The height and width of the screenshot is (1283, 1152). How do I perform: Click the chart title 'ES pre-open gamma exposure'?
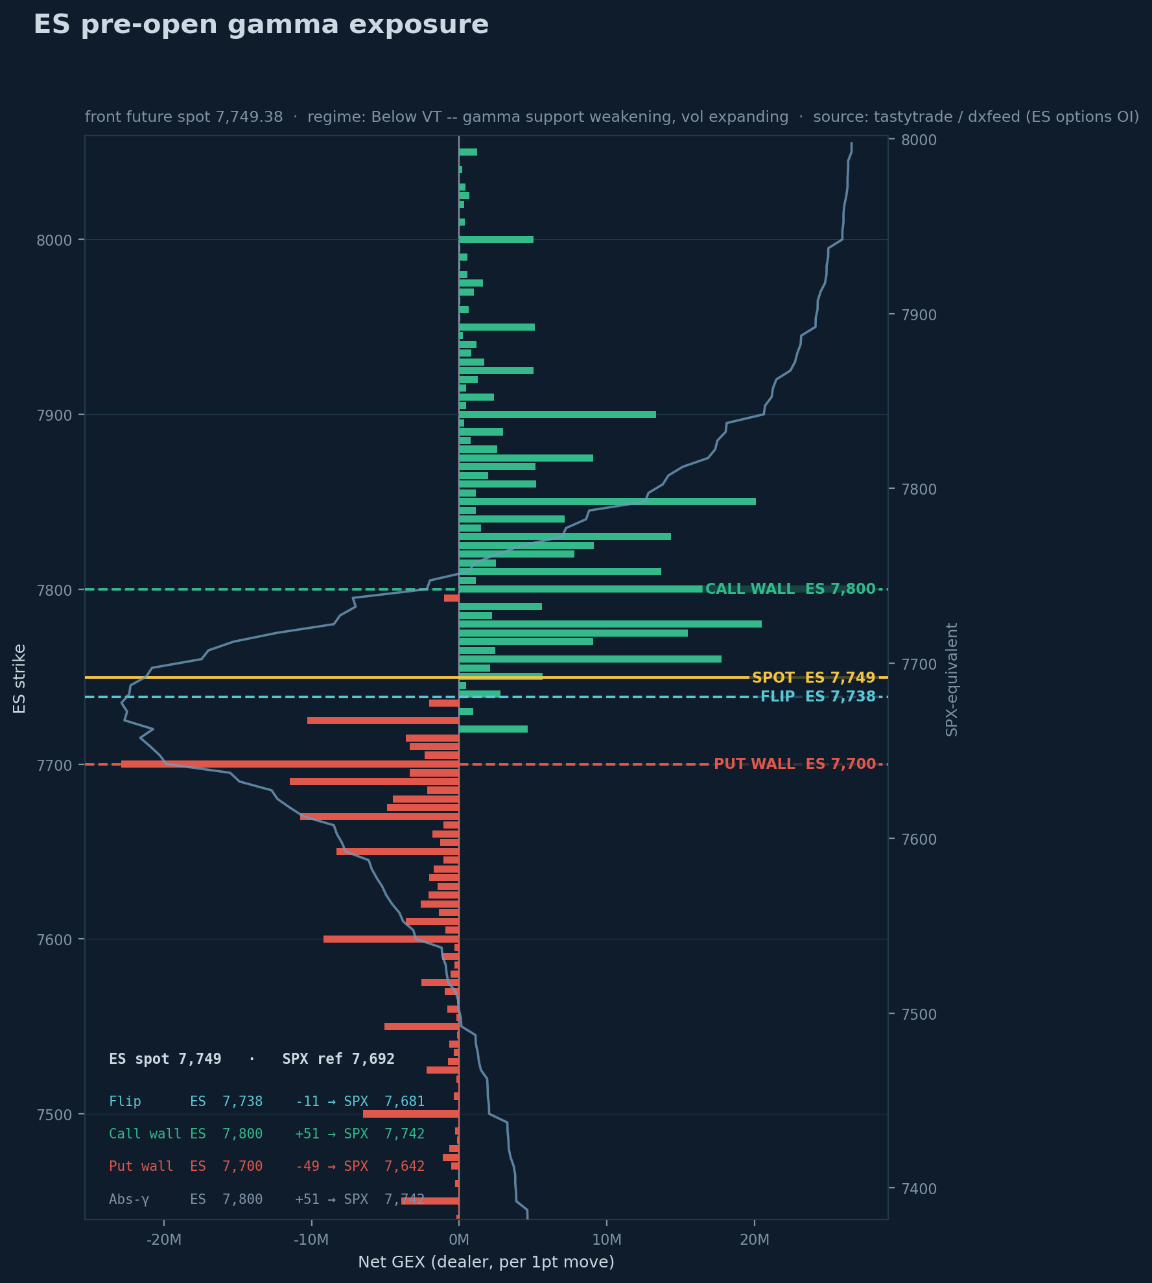point(261,25)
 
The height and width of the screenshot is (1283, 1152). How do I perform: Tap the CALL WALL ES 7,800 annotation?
point(790,589)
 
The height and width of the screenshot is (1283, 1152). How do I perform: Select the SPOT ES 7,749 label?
point(814,677)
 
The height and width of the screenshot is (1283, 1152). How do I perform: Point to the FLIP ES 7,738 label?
point(818,697)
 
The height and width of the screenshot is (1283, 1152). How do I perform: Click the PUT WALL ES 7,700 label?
point(795,764)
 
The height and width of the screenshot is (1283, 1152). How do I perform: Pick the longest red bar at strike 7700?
point(290,764)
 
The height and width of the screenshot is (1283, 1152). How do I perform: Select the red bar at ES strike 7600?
point(391,939)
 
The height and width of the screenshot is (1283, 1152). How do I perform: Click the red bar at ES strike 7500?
point(411,1114)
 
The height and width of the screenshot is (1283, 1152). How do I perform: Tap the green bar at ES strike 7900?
point(558,414)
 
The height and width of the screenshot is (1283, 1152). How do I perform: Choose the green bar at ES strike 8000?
point(496,240)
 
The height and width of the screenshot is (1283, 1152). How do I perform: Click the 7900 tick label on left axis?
point(54,415)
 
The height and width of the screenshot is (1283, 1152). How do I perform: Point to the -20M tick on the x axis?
point(163,1240)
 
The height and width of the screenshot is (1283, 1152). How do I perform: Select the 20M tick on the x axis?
point(755,1240)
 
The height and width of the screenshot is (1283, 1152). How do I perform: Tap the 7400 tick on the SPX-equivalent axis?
point(919,1189)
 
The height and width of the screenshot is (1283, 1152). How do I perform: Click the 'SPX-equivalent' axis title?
point(952,679)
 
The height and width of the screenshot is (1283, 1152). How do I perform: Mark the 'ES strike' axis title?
point(19,679)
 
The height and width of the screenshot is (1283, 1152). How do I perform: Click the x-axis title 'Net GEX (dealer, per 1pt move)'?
point(486,1262)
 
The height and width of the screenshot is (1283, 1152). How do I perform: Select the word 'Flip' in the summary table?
point(125,1101)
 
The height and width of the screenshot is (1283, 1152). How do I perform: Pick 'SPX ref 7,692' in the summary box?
point(338,1059)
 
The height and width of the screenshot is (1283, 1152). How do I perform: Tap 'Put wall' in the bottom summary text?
point(141,1166)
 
